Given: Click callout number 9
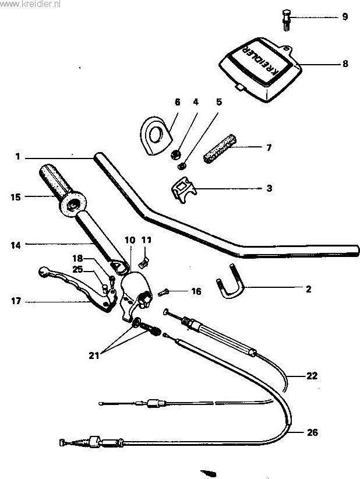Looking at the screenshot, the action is click(x=345, y=16).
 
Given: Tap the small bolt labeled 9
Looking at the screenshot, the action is click(x=286, y=20).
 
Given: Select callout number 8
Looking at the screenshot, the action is click(x=345, y=64).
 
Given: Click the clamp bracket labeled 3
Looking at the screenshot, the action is click(x=184, y=189).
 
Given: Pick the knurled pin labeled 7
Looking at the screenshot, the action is click(x=220, y=149).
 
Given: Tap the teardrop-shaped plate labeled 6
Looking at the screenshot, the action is click(x=156, y=135).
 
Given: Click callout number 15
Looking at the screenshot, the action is click(x=16, y=197).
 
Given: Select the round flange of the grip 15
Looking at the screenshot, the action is click(x=73, y=205).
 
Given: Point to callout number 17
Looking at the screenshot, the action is click(x=16, y=301).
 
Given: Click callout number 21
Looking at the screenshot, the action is click(x=94, y=355).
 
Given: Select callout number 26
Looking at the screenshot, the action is click(x=312, y=432).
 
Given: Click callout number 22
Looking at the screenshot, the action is click(x=312, y=375).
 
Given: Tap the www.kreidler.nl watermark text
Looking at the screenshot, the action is click(x=30, y=3).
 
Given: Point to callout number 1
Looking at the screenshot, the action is click(x=17, y=157).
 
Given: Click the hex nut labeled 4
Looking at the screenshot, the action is click(x=175, y=154).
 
